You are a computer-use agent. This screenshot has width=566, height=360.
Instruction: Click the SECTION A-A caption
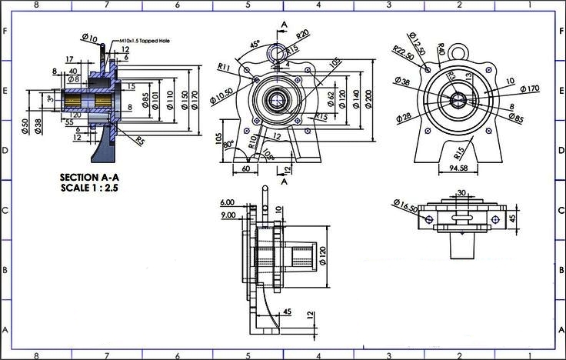89,177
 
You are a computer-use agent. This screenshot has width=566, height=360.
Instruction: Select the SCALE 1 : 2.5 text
89,187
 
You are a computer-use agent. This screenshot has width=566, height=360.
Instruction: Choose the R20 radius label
302,35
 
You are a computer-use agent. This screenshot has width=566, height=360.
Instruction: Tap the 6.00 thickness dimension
227,202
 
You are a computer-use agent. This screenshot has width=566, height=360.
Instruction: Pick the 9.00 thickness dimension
227,215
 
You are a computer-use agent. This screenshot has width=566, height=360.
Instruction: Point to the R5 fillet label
141,141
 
